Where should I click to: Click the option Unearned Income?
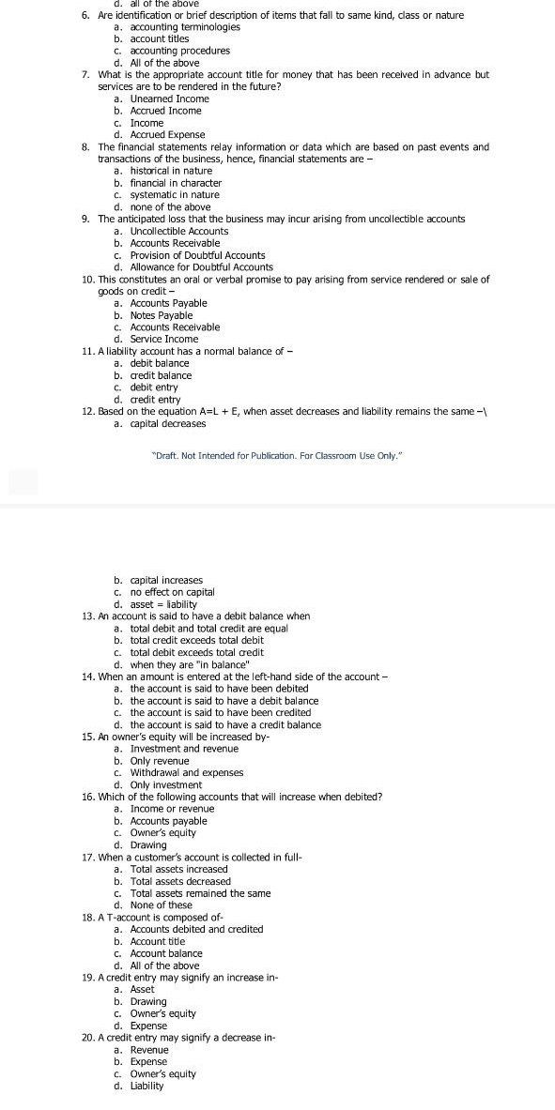(x=169, y=99)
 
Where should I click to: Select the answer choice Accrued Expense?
(x=167, y=135)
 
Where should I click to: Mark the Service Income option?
(x=164, y=339)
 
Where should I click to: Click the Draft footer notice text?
(x=277, y=455)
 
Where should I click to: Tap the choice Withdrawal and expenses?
(x=186, y=773)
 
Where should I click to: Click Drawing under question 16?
(x=148, y=845)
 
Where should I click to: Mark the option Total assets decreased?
(x=180, y=881)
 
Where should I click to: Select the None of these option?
(x=161, y=905)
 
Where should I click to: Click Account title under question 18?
(x=158, y=941)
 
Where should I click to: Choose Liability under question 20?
(x=146, y=1086)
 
